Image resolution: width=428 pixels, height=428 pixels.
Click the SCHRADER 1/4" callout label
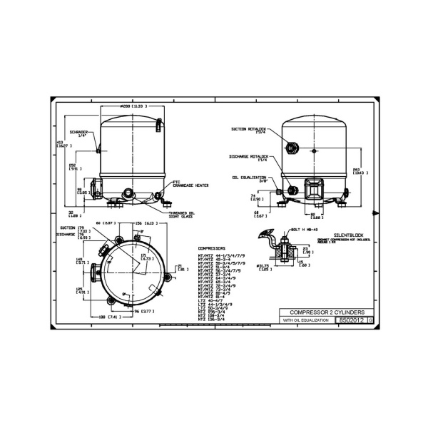click(x=79, y=134)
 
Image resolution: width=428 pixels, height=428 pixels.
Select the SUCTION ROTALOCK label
click(x=248, y=131)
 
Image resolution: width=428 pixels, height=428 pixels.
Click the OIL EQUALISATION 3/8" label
click(x=249, y=180)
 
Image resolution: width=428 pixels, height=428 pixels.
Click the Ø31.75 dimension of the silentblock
click(x=263, y=267)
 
